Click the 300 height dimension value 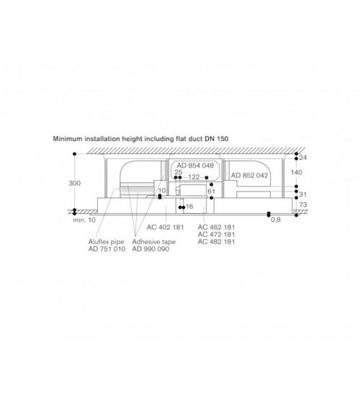coord(75,183)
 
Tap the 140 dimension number coord(297,173)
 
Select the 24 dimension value coord(303,158)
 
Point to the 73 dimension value coord(303,204)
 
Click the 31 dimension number coord(302,194)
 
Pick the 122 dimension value coord(194,177)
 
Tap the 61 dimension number coord(211,192)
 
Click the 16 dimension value coord(189,207)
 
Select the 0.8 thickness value coord(276,220)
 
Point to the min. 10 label coord(84,220)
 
